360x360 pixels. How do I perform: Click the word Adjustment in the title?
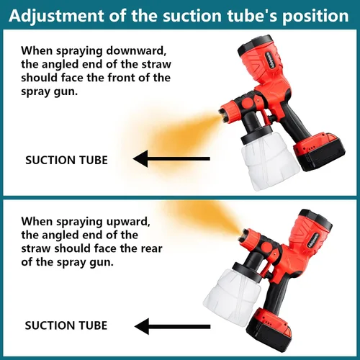(56, 17)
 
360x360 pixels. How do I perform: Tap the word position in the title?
(315, 17)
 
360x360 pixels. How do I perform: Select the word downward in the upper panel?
(136, 50)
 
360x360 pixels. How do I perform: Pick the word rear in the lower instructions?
(151, 248)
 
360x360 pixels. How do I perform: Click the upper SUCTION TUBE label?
(66, 161)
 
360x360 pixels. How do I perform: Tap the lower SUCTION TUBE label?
(66, 325)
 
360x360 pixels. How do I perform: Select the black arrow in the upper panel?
(171, 158)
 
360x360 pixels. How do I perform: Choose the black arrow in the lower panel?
(172, 326)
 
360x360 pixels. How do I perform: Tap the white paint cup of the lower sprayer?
(233, 297)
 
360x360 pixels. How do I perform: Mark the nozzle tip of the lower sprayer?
(243, 235)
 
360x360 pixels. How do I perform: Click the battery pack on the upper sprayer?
(319, 152)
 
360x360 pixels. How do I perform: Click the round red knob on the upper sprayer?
(248, 103)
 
